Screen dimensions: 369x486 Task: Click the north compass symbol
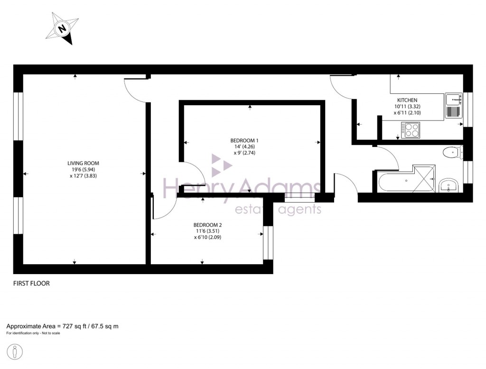(x=62, y=29)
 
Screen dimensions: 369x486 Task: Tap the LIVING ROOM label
(x=83, y=163)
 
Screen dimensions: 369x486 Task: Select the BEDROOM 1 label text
(x=244, y=140)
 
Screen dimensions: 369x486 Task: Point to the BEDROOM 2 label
(x=207, y=225)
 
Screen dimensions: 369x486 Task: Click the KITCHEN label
(x=407, y=100)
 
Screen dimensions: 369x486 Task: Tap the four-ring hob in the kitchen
(x=411, y=129)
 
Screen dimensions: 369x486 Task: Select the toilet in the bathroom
(x=451, y=153)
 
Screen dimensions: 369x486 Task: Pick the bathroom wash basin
(x=448, y=185)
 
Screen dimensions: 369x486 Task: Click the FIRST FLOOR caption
(x=31, y=284)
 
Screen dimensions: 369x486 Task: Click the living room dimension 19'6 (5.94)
(x=83, y=169)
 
